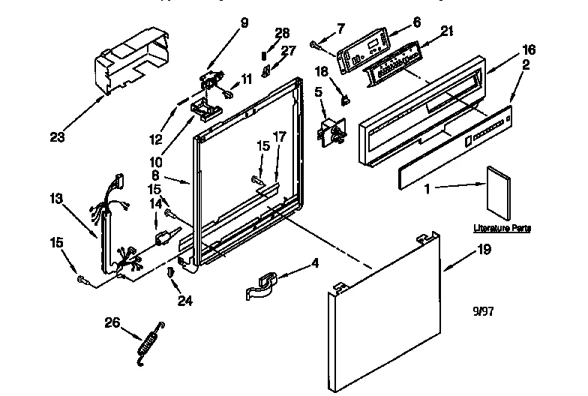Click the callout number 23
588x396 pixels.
coord(56,137)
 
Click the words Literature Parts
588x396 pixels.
coord(502,227)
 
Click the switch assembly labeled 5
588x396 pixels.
coord(331,136)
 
